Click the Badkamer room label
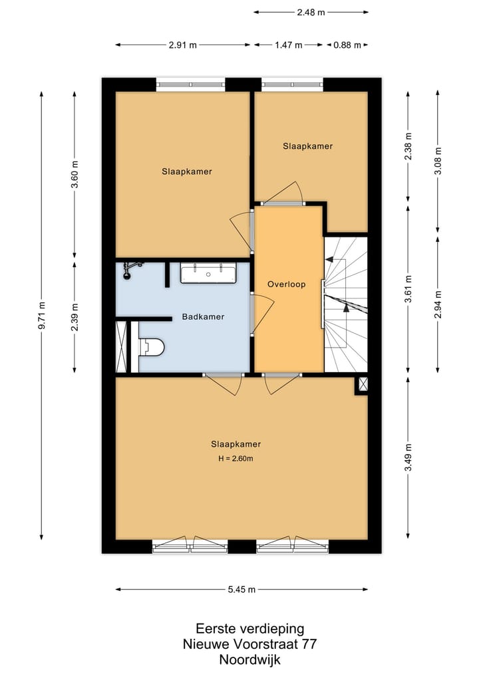[x=203, y=317]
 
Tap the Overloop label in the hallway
[x=286, y=284]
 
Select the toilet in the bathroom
[x=151, y=346]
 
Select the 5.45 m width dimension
[x=242, y=589]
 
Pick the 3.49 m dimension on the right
[x=408, y=458]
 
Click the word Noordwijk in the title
[x=249, y=660]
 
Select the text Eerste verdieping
[x=249, y=628]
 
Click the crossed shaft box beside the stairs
[x=363, y=384]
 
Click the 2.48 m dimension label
[x=311, y=12]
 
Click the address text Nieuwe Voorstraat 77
[x=249, y=644]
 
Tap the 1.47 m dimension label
[x=289, y=45]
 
